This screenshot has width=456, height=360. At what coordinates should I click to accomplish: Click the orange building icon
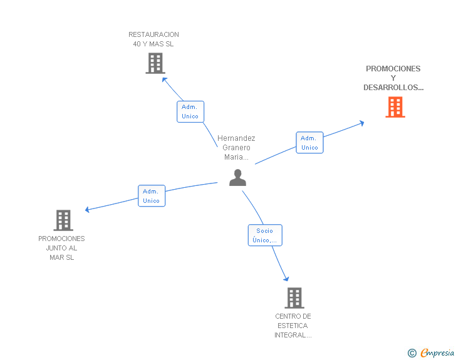click(395, 107)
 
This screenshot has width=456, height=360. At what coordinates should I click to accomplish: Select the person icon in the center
click(237, 177)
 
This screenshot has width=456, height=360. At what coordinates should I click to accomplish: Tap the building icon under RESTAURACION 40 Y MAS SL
click(155, 63)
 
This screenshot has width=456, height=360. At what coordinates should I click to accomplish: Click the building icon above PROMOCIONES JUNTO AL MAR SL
click(63, 220)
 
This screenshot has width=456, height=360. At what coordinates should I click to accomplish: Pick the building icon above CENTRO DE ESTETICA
click(294, 298)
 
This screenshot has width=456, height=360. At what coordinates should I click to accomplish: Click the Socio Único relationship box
click(265, 235)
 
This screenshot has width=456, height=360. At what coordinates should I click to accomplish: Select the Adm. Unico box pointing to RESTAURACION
click(190, 111)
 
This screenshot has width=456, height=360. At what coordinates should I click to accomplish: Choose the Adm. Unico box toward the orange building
click(309, 143)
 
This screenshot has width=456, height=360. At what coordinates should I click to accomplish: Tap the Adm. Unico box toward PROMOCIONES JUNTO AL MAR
click(152, 196)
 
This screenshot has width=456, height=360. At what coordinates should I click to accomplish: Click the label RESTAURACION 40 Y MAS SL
click(153, 39)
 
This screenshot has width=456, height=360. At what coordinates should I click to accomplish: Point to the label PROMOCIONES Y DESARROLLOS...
click(393, 78)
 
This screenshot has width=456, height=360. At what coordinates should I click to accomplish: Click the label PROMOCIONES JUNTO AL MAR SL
click(61, 248)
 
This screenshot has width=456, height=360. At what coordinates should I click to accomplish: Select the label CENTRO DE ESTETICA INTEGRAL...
click(293, 326)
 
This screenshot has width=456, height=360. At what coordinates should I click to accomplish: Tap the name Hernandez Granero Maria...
click(236, 147)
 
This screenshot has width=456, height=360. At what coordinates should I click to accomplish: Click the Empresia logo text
click(437, 352)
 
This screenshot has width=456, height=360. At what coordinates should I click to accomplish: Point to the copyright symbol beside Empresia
click(412, 353)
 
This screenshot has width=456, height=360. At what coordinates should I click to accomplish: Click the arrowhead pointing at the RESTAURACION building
click(163, 79)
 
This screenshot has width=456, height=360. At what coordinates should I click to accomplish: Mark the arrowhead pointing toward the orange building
click(362, 123)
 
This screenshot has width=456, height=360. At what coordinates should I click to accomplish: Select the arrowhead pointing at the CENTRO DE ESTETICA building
click(287, 279)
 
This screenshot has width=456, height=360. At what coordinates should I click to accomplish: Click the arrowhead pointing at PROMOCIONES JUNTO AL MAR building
click(86, 209)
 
